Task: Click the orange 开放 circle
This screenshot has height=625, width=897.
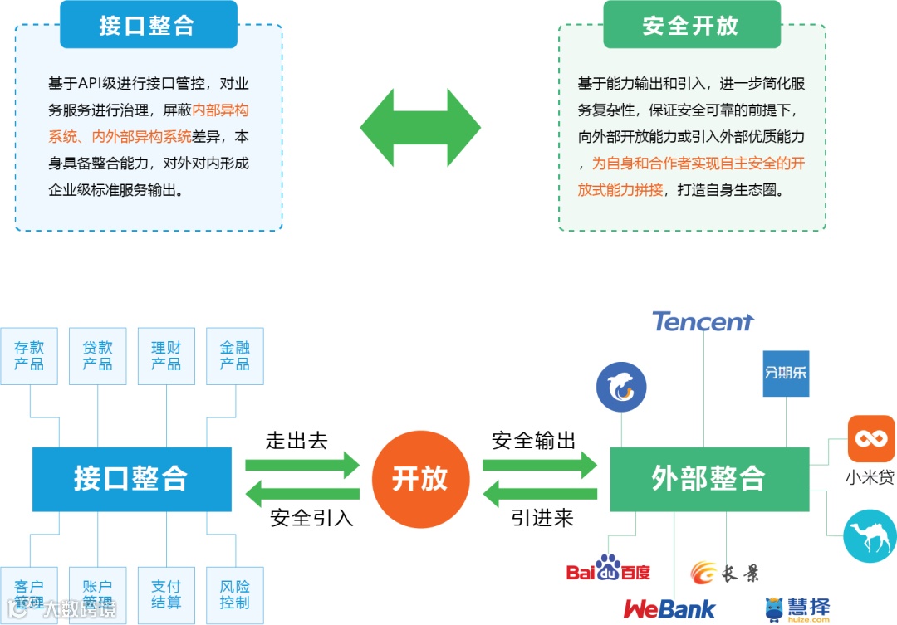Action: [x=420, y=479]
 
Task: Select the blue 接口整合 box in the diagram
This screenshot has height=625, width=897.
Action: [x=131, y=479]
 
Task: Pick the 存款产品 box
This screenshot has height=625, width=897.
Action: [x=29, y=356]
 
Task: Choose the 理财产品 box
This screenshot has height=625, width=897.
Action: [x=166, y=356]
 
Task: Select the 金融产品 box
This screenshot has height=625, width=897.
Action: [x=234, y=356]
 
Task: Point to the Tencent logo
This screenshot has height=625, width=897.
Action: [x=703, y=321]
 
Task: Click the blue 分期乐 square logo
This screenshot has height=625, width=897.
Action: [x=786, y=374]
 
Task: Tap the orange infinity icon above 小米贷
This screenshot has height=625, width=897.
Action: [x=871, y=438]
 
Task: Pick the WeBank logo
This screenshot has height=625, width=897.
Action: [x=669, y=608]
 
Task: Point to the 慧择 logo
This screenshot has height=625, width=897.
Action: [x=797, y=608]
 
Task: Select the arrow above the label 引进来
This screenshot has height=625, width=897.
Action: [x=540, y=496]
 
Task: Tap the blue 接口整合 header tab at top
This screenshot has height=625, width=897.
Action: [x=148, y=25]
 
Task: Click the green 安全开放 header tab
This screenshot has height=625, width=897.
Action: [x=691, y=25]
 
